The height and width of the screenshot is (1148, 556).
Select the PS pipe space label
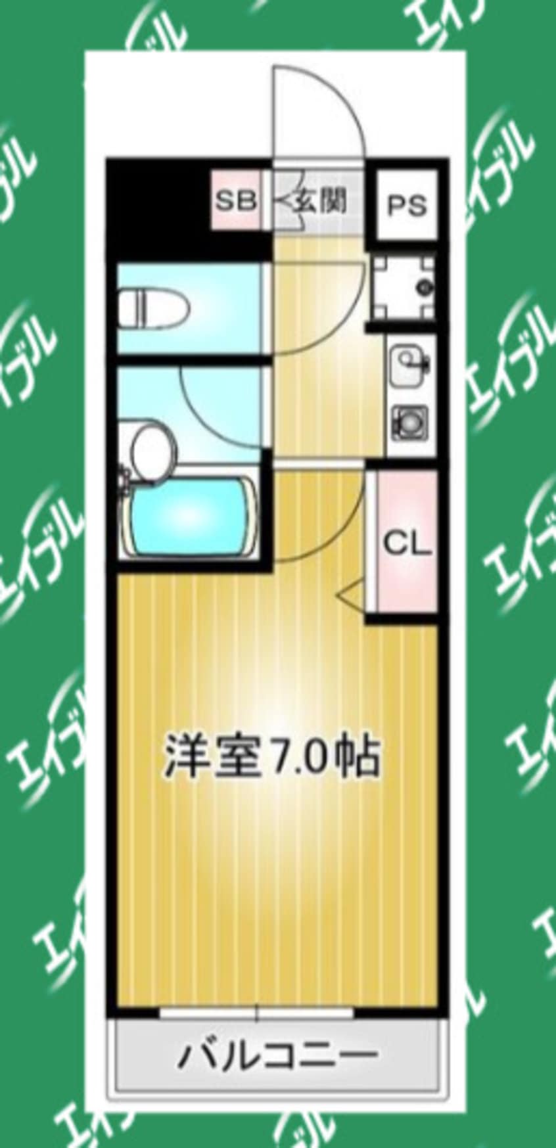406,206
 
